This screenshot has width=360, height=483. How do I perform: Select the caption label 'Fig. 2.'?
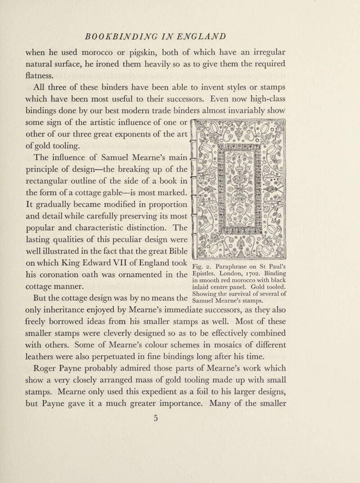point(204,265)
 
